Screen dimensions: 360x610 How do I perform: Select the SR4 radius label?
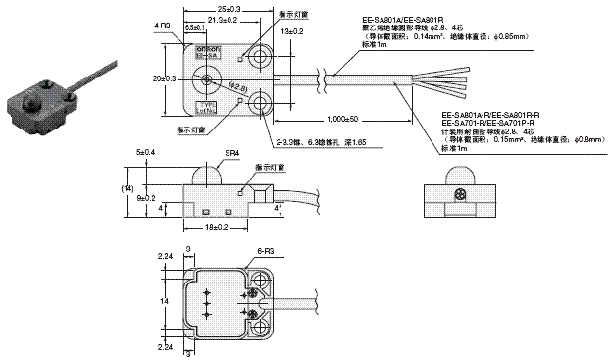click(232, 155)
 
